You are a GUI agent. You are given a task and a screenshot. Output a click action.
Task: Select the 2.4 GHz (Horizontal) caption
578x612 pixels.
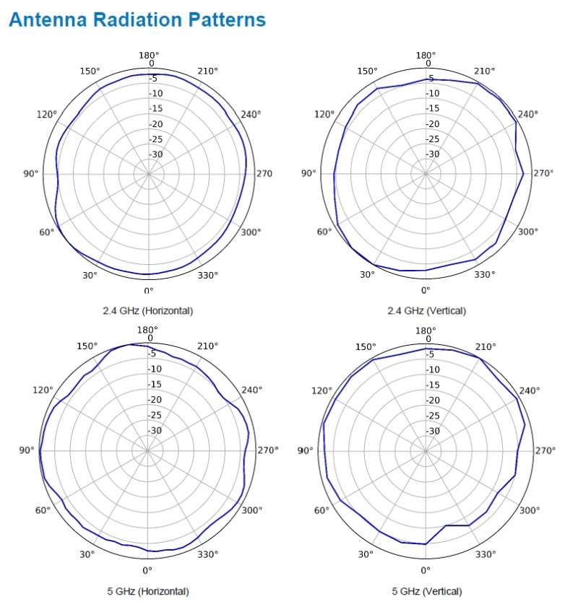coord(148,310)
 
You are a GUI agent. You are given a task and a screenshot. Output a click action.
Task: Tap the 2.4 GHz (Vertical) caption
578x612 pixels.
coord(427,310)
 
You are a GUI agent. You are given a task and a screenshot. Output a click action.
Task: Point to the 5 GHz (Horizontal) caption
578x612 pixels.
coord(148,591)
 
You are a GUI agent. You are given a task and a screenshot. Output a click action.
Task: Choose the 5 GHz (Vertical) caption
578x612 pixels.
coord(427,591)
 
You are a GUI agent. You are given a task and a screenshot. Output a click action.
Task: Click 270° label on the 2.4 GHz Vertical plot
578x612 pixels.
coord(543,173)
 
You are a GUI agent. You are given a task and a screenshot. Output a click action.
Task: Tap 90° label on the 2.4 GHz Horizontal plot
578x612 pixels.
coord(30,173)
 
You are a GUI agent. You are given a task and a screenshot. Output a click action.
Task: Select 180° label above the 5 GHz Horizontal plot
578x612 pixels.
coord(148,330)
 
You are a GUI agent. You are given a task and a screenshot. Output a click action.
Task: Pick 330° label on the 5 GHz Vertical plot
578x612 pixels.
coord(485,554)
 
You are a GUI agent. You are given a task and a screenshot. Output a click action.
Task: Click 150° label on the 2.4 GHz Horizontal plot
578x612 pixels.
coord(90,71)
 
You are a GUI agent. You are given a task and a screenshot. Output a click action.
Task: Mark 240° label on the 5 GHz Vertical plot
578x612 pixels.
coord(530,390)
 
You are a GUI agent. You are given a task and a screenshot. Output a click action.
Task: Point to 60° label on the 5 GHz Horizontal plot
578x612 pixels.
coord(43,510)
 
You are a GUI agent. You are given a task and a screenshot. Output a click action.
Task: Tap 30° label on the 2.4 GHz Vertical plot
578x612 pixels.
coord(367,274)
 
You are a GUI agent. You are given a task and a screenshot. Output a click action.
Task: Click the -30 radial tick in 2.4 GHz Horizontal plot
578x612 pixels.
coord(156,154)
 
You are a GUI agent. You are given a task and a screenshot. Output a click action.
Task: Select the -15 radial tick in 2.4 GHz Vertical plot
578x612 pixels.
coord(433,109)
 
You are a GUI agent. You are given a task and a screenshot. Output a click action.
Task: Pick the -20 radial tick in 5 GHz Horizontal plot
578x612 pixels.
coord(155,400)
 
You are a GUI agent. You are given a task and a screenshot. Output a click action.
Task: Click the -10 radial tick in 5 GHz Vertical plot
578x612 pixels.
coord(433,370)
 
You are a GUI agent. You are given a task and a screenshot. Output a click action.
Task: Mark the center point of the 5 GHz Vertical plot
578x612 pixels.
coord(426,450)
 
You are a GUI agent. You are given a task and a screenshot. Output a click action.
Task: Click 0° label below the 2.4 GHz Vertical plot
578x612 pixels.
coord(426,290)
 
